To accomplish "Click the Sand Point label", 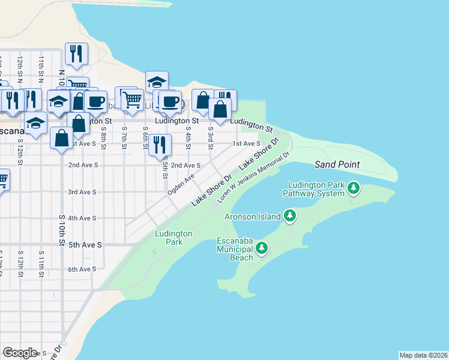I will (x=337, y=164).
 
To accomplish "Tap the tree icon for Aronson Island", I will (x=290, y=215).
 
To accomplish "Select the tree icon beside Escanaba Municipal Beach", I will (x=261, y=247).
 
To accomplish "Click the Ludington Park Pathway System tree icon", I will (x=354, y=188).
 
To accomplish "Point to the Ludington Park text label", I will (x=173, y=238).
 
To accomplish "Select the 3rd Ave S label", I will (x=82, y=192).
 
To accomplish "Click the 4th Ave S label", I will (x=82, y=218).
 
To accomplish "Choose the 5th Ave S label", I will (x=85, y=245).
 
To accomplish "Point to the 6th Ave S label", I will (x=82, y=269).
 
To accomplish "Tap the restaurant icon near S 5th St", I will (x=160, y=144).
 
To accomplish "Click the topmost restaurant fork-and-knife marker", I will (x=76, y=53).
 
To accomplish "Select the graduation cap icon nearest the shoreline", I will (x=157, y=82).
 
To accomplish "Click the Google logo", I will (x=20, y=352).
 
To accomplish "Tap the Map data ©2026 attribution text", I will (x=423, y=355).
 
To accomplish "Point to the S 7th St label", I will (x=124, y=135).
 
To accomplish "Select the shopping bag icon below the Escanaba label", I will (x=62, y=138).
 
